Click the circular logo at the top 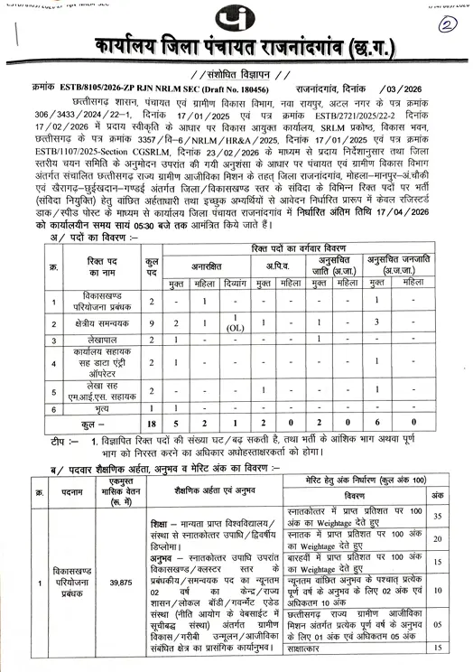click(236, 19)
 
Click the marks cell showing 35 click(438, 516)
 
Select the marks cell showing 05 click(438, 622)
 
